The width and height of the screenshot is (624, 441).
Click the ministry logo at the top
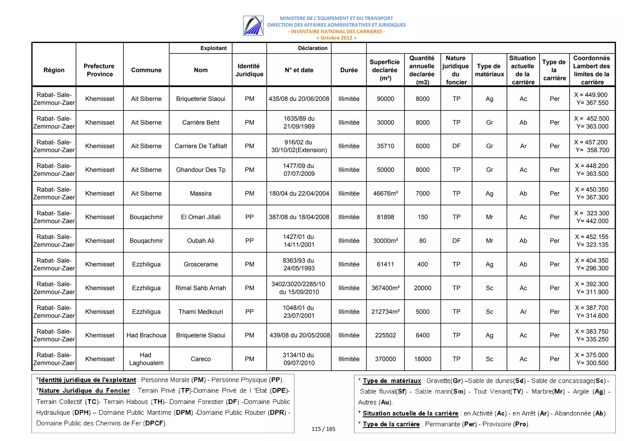pyautogui.click(x=253, y=26)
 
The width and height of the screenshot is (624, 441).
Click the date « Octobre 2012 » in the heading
pyautogui.click(x=336, y=38)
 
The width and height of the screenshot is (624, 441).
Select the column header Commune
pyautogui.click(x=146, y=70)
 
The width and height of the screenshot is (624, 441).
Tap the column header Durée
pyautogui.click(x=349, y=70)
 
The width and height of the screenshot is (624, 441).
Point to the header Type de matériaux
pyautogui.click(x=489, y=70)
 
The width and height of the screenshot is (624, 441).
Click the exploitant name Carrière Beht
pyautogui.click(x=200, y=122)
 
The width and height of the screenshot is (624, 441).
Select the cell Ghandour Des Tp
pyautogui.click(x=200, y=170)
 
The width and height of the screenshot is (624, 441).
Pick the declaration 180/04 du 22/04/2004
pyautogui.click(x=299, y=193)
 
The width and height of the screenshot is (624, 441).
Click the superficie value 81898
pyautogui.click(x=385, y=217)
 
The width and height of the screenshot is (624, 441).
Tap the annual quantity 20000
pyautogui.click(x=423, y=288)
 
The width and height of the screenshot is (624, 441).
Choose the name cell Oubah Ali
pyautogui.click(x=200, y=241)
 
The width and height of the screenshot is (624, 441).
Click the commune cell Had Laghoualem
pyautogui.click(x=146, y=359)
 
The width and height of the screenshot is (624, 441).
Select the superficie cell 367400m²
pyautogui.click(x=385, y=288)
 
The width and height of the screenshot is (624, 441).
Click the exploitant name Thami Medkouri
pyautogui.click(x=200, y=312)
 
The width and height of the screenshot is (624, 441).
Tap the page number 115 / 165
pyautogui.click(x=323, y=429)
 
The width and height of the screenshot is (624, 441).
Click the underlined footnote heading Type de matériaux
pyautogui.click(x=392, y=381)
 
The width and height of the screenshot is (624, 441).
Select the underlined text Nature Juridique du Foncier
pyautogui.click(x=84, y=391)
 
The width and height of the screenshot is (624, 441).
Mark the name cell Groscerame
pyautogui.click(x=200, y=264)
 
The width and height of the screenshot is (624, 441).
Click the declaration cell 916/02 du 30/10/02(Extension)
pyautogui.click(x=299, y=146)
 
